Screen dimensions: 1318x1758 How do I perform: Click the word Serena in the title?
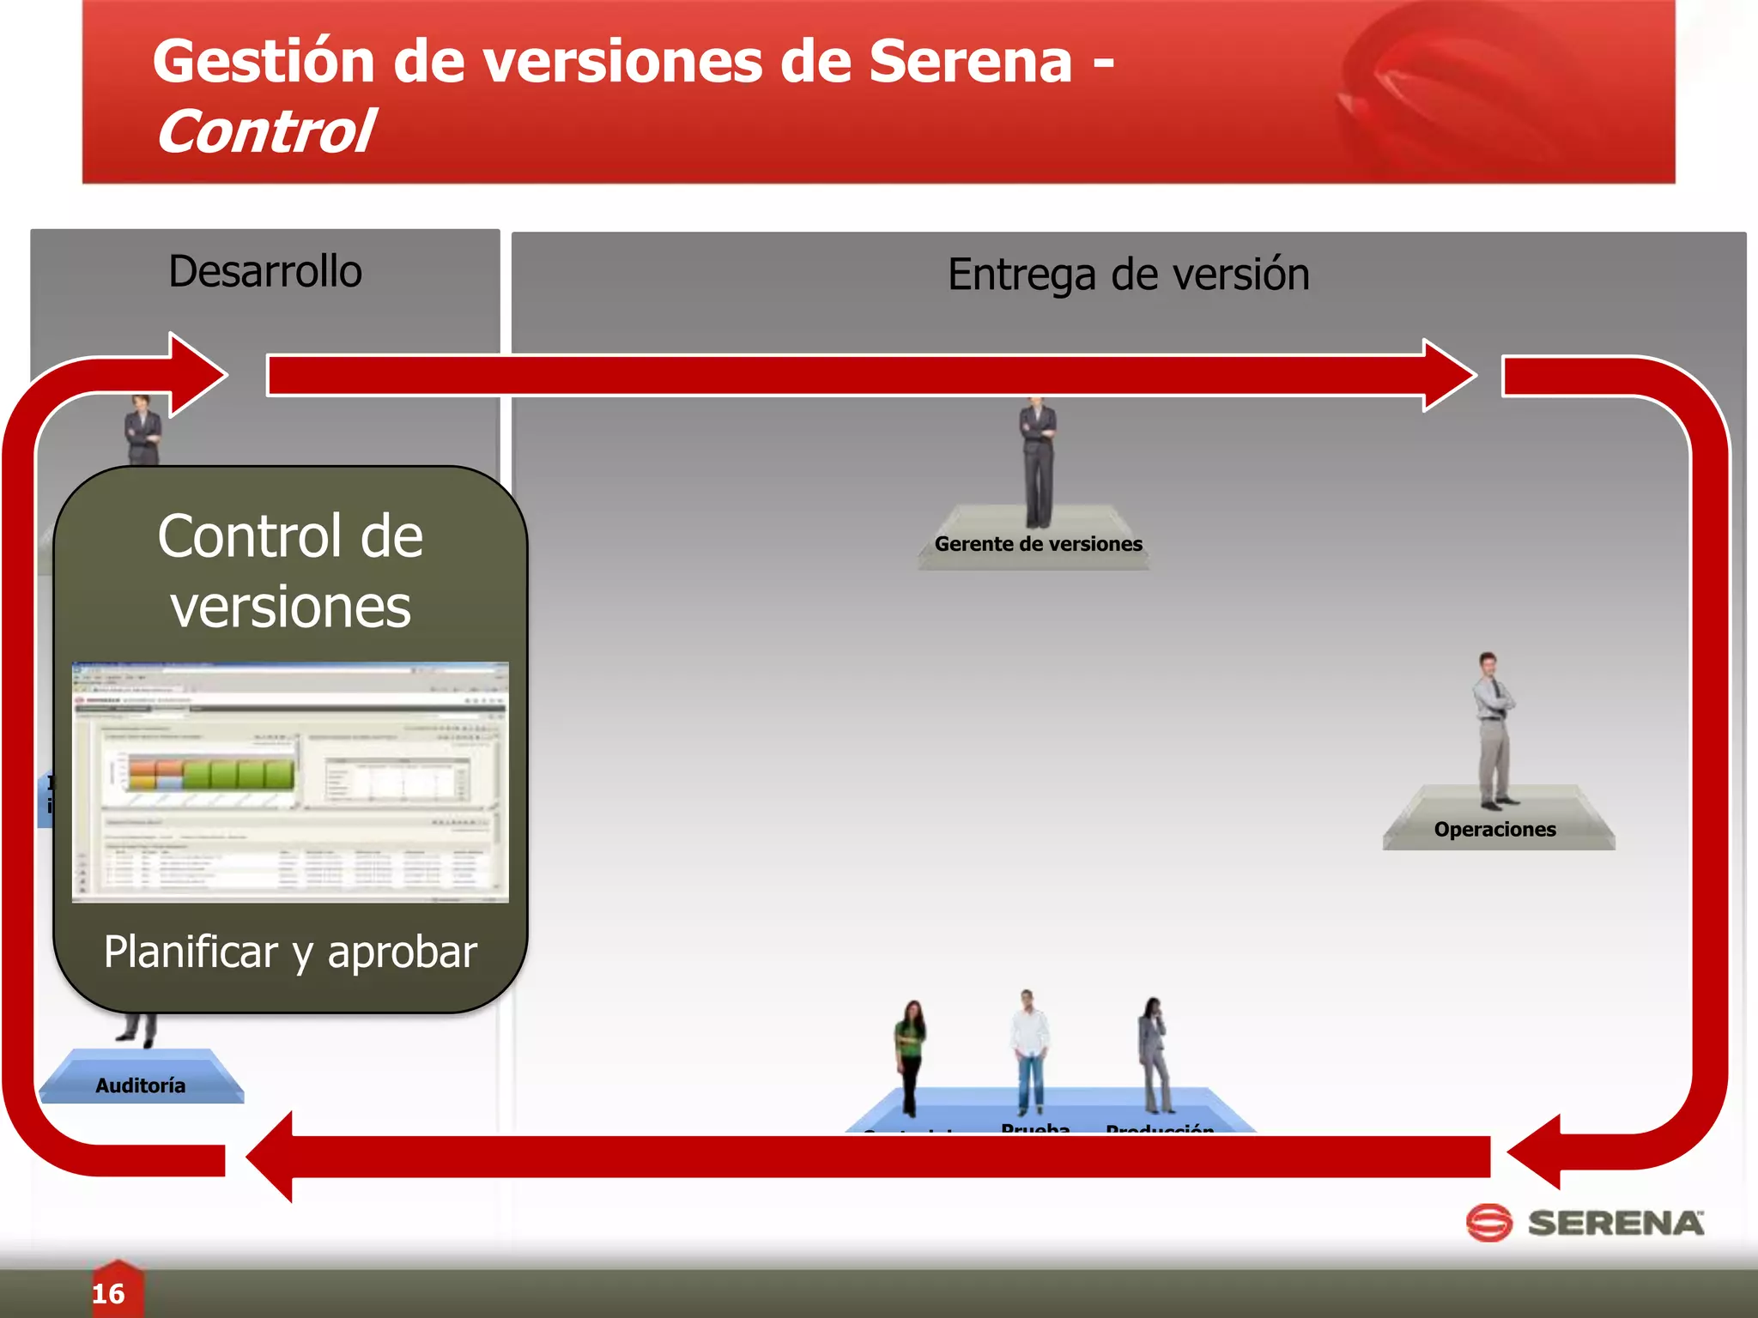970,62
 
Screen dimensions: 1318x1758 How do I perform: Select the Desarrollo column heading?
265,271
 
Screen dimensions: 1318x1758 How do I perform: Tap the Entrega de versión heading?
1128,275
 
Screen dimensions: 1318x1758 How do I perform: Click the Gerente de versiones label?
1038,544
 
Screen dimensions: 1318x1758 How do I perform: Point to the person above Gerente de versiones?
1038,463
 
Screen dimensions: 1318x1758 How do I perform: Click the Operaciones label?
1494,830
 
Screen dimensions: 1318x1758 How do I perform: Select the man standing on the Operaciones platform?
1494,729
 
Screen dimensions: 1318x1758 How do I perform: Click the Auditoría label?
141,1086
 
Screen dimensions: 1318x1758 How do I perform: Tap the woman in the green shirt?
910,1055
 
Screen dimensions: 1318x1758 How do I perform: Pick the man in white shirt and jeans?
1029,1051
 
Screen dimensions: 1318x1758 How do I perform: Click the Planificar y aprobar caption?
290,952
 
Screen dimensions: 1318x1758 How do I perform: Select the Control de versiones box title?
290,571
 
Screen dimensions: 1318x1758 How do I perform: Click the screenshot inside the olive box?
290,782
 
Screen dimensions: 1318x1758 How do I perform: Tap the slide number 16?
109,1294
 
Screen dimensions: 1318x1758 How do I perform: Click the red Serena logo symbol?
1488,1223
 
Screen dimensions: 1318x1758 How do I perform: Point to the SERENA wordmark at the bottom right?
1616,1224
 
